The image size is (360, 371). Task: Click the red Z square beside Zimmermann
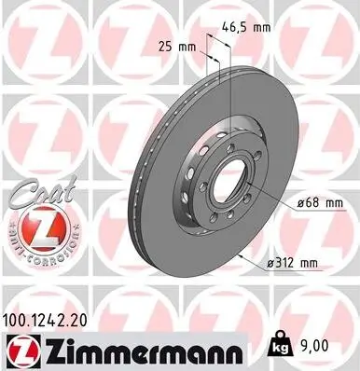(20, 350)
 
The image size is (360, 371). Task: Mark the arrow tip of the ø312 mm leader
(243, 267)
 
